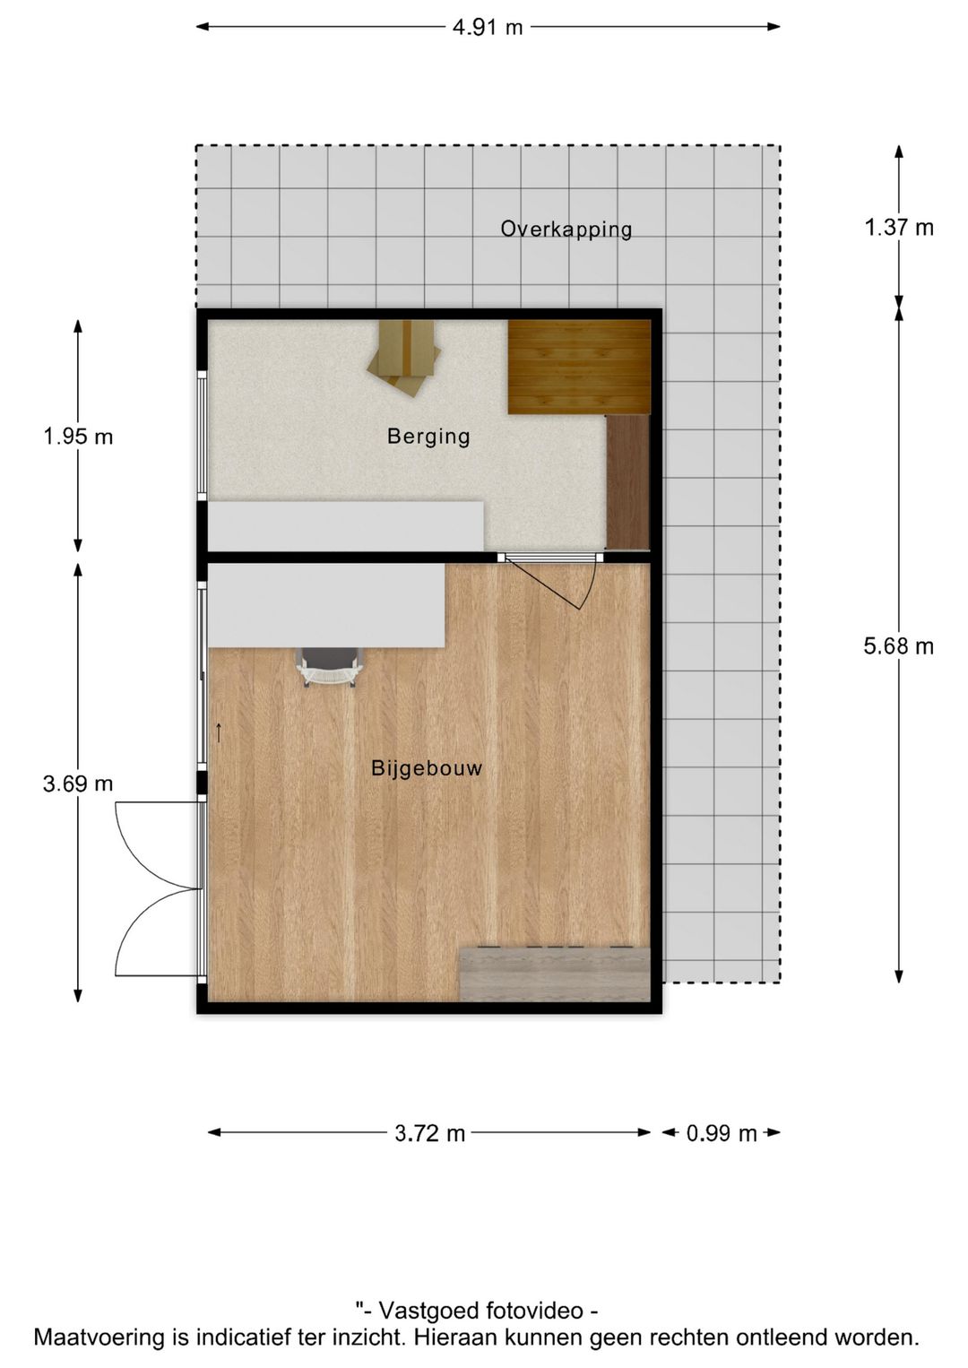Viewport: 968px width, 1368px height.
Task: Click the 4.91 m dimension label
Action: click(x=487, y=27)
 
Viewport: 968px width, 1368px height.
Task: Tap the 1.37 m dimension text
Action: click(x=898, y=228)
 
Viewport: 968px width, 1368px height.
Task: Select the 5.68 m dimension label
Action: click(x=898, y=645)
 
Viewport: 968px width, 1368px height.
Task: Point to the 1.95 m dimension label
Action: click(x=78, y=437)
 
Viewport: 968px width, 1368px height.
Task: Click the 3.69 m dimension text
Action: click(x=78, y=784)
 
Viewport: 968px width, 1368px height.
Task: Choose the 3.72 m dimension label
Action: click(x=429, y=1133)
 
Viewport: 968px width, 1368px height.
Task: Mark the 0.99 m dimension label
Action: click(x=722, y=1133)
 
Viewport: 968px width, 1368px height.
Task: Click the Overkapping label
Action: click(x=566, y=229)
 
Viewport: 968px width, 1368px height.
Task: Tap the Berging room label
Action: click(x=428, y=437)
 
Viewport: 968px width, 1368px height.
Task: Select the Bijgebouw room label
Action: click(x=427, y=768)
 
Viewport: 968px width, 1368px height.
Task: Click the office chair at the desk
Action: click(x=329, y=667)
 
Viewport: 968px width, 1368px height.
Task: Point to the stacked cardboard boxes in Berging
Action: click(x=405, y=356)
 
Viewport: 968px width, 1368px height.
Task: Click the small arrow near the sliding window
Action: click(x=218, y=732)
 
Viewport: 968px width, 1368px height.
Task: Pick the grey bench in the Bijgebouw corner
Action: click(x=555, y=974)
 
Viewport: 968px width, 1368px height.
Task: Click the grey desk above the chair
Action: click(x=326, y=605)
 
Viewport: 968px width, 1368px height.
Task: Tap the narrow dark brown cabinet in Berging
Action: click(x=627, y=481)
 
